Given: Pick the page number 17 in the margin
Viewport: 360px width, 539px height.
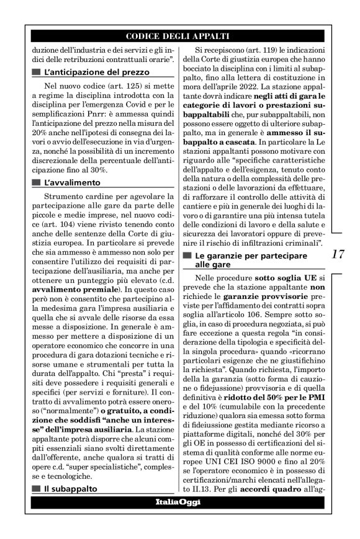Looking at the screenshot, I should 339,254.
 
